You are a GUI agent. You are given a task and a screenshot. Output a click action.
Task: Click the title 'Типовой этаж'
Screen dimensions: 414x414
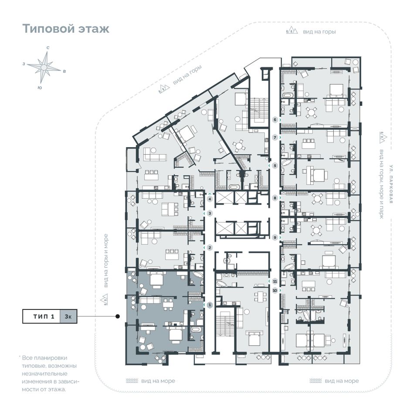(x=66, y=29)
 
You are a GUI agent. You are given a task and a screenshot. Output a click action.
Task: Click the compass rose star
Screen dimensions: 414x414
(x=44, y=67)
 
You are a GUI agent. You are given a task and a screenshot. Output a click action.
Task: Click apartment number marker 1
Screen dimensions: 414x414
(x=210, y=305)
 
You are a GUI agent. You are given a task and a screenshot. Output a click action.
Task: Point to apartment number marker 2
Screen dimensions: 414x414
(x=210, y=248)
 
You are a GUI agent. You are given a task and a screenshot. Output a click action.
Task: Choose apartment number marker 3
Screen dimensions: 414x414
(x=210, y=213)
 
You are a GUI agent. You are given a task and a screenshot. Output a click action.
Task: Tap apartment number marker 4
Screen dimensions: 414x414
(x=210, y=199)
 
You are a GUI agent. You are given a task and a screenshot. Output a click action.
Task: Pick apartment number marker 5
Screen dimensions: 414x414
(x=275, y=166)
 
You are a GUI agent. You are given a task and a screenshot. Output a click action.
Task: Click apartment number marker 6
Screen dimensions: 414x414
(x=275, y=119)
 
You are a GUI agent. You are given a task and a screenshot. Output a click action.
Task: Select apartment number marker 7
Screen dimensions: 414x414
(x=275, y=137)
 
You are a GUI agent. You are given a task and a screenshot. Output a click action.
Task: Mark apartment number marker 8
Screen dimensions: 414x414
(x=275, y=197)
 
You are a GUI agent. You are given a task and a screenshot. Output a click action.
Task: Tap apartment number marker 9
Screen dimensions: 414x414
(x=275, y=237)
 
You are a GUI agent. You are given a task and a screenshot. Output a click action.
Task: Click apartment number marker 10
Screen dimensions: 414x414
(x=275, y=290)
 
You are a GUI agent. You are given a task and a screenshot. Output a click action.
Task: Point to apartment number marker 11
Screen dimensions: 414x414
(x=275, y=281)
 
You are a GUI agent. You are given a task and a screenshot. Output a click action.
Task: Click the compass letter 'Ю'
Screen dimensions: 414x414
(x=40, y=88)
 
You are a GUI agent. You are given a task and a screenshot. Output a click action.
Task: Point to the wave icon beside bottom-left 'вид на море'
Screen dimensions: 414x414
(x=132, y=381)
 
